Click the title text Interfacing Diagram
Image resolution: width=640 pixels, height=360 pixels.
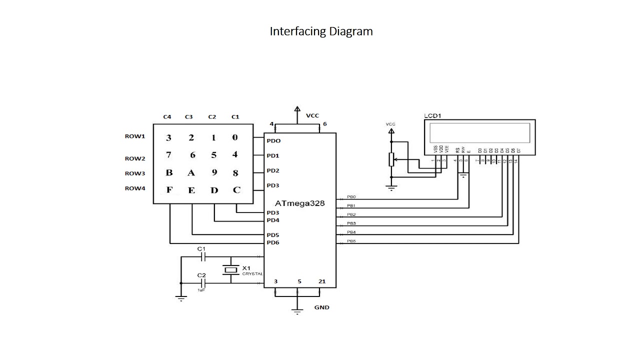[x=321, y=31]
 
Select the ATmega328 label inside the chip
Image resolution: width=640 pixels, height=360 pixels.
[x=299, y=203]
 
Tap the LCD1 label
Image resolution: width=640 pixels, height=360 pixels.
[x=433, y=115]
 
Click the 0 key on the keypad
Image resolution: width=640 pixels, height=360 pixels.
[x=235, y=138]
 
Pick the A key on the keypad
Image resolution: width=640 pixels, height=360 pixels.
[x=190, y=173]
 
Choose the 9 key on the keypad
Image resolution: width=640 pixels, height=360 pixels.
[x=214, y=173]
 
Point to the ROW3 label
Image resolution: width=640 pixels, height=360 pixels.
[x=134, y=173]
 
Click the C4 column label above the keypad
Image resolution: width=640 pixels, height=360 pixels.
[x=167, y=117]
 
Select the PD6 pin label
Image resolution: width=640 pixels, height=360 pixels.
[x=272, y=243]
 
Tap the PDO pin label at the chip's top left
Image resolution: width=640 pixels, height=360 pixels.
[x=273, y=141]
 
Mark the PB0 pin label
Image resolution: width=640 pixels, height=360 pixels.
[x=351, y=197]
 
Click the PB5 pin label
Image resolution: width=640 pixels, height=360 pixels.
[x=351, y=241]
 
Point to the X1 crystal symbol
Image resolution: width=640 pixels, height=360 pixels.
[x=230, y=270]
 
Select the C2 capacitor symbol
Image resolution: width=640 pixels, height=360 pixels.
[x=202, y=283]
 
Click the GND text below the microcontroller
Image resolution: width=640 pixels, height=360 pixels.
[x=321, y=307]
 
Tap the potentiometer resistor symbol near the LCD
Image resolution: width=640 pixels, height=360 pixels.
[x=391, y=160]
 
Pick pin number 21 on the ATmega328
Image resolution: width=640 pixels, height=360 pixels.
[x=321, y=281]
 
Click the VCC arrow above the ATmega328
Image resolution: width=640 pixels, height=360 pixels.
[x=297, y=110]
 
